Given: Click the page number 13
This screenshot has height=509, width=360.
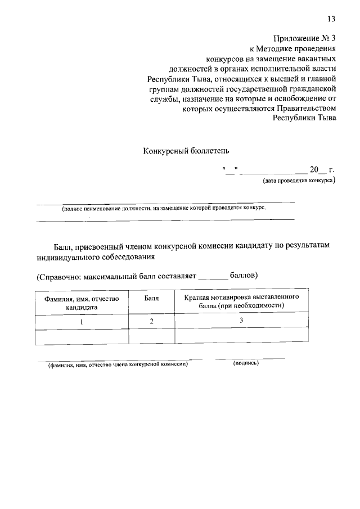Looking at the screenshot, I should click(331, 19).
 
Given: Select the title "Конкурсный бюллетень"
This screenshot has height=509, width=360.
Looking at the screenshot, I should click(186, 151).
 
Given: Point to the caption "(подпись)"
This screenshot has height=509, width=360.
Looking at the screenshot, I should click(246, 363).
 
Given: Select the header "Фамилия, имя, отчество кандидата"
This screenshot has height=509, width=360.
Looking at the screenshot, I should click(82, 303).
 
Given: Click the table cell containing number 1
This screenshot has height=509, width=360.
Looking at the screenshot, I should click(82, 321).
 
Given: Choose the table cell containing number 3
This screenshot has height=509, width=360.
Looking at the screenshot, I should click(241, 320).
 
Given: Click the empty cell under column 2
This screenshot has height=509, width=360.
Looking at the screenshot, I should click(151, 335).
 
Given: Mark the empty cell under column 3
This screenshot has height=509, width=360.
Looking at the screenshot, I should click(241, 335).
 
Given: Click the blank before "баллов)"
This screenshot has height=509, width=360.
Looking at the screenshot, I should click(214, 277).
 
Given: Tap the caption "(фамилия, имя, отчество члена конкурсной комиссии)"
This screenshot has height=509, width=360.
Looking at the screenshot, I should click(117, 364).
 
